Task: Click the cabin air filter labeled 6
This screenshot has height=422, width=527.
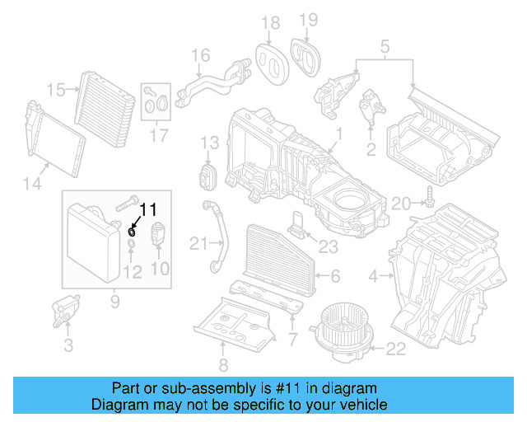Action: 277,264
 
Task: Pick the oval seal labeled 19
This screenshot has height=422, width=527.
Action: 307,56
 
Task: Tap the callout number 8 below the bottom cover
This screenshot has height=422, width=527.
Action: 222,364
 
